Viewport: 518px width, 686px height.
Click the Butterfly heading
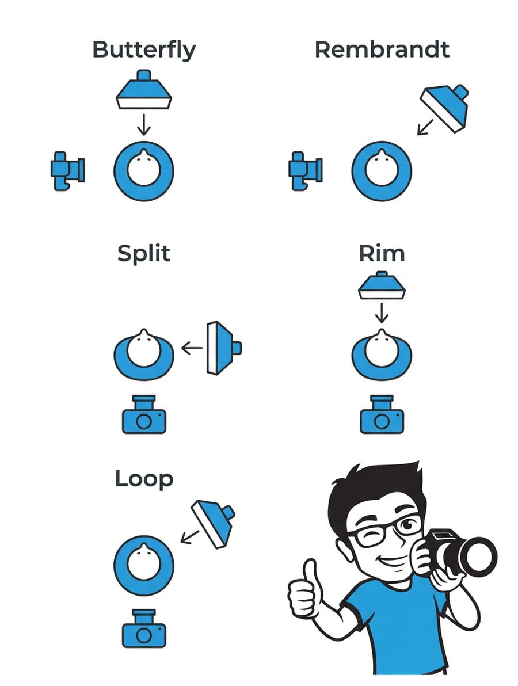click(144, 51)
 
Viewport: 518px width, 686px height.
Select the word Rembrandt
click(382, 49)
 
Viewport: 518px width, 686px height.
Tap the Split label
click(144, 254)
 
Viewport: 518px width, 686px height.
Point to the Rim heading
click(382, 253)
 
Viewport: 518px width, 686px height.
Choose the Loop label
click(144, 479)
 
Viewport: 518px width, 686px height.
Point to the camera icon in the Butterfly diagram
click(67, 170)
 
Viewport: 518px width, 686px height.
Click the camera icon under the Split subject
click(144, 416)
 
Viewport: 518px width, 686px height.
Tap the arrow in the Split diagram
click(192, 348)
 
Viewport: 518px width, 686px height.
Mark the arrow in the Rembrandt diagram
click(426, 127)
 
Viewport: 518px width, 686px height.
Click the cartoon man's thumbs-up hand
click(306, 593)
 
